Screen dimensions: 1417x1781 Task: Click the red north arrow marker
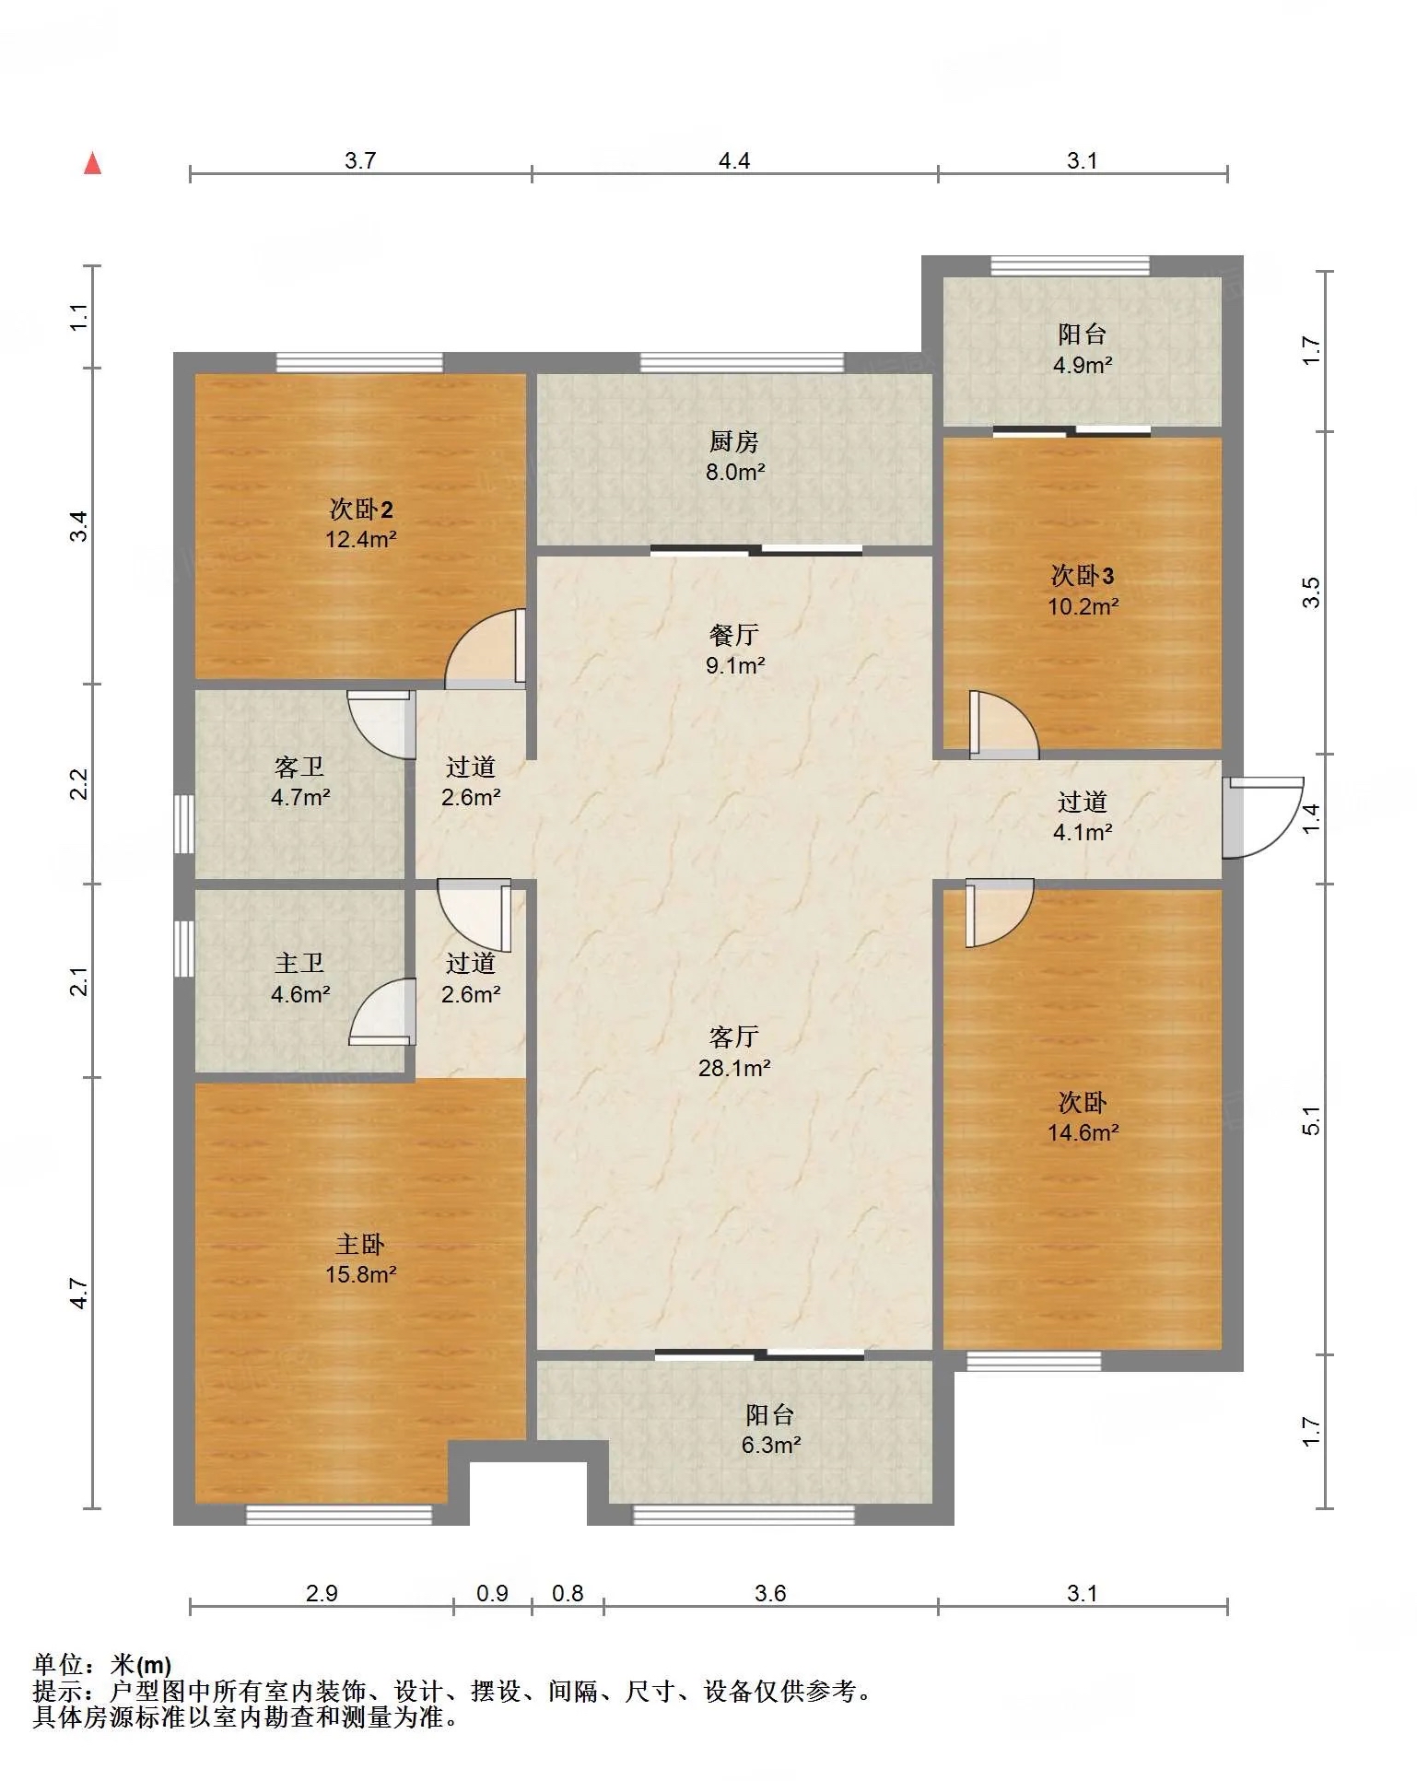tap(92, 163)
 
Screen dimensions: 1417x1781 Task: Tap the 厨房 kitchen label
tap(734, 441)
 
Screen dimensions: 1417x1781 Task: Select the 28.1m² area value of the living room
tap(734, 1068)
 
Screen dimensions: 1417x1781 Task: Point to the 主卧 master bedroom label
tap(359, 1245)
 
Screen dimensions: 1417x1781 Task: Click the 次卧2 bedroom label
tap(361, 510)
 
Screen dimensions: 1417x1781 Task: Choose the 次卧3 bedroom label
tap(1083, 576)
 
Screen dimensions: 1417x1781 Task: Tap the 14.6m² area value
tap(1083, 1132)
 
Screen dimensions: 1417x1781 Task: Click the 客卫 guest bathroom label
tap(299, 767)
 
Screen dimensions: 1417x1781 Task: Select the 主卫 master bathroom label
tap(299, 963)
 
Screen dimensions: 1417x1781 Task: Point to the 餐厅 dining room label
tap(734, 635)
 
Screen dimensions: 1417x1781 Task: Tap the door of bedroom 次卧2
tap(486, 649)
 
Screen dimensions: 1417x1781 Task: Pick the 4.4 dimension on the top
tap(734, 160)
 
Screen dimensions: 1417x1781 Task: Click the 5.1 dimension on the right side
tap(1312, 1119)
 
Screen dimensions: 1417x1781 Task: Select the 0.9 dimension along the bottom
tap(492, 1593)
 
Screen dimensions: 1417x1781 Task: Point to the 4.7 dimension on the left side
tap(79, 1293)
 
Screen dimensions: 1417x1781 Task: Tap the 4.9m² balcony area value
tap(1083, 365)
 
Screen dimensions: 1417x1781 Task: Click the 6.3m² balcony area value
tap(771, 1445)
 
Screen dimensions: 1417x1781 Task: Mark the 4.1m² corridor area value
tap(1083, 832)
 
